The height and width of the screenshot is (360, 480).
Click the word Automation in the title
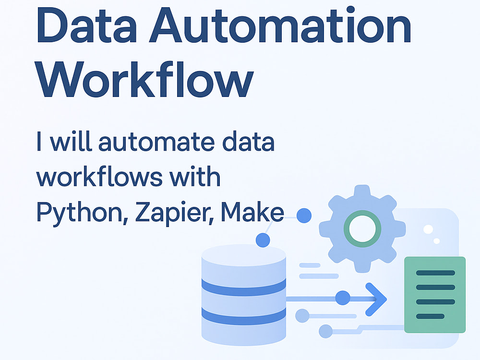point(280,25)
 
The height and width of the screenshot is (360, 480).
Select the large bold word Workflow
point(144,79)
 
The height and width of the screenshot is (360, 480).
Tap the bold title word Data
point(86,25)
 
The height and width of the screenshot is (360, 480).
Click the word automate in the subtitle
point(156,142)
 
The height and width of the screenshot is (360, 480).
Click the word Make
point(252,212)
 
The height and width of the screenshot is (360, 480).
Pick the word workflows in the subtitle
point(99,176)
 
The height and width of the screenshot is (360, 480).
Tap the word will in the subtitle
point(71,141)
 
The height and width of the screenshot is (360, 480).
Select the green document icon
point(435,295)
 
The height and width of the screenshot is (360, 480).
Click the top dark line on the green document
point(435,273)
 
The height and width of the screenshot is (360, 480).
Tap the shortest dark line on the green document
point(430,316)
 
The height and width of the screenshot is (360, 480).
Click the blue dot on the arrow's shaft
point(343,298)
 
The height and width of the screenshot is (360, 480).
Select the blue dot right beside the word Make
point(304,216)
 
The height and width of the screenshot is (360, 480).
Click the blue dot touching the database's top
point(263,240)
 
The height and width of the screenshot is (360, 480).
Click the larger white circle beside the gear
point(428,229)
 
